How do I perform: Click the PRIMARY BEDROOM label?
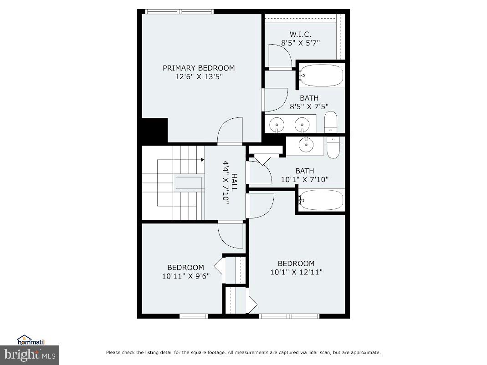[199, 68]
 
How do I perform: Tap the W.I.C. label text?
[300, 35]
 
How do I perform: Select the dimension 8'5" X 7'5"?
[309, 106]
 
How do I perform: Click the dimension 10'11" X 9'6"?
[185, 276]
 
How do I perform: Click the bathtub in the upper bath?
[322, 76]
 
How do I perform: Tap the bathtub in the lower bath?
[322, 201]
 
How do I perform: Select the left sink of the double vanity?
[277, 124]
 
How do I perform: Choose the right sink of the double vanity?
[301, 124]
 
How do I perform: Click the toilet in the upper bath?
[331, 122]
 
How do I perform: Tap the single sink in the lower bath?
[306, 145]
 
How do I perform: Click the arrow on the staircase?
[201, 160]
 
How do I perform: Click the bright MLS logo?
[30, 354]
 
